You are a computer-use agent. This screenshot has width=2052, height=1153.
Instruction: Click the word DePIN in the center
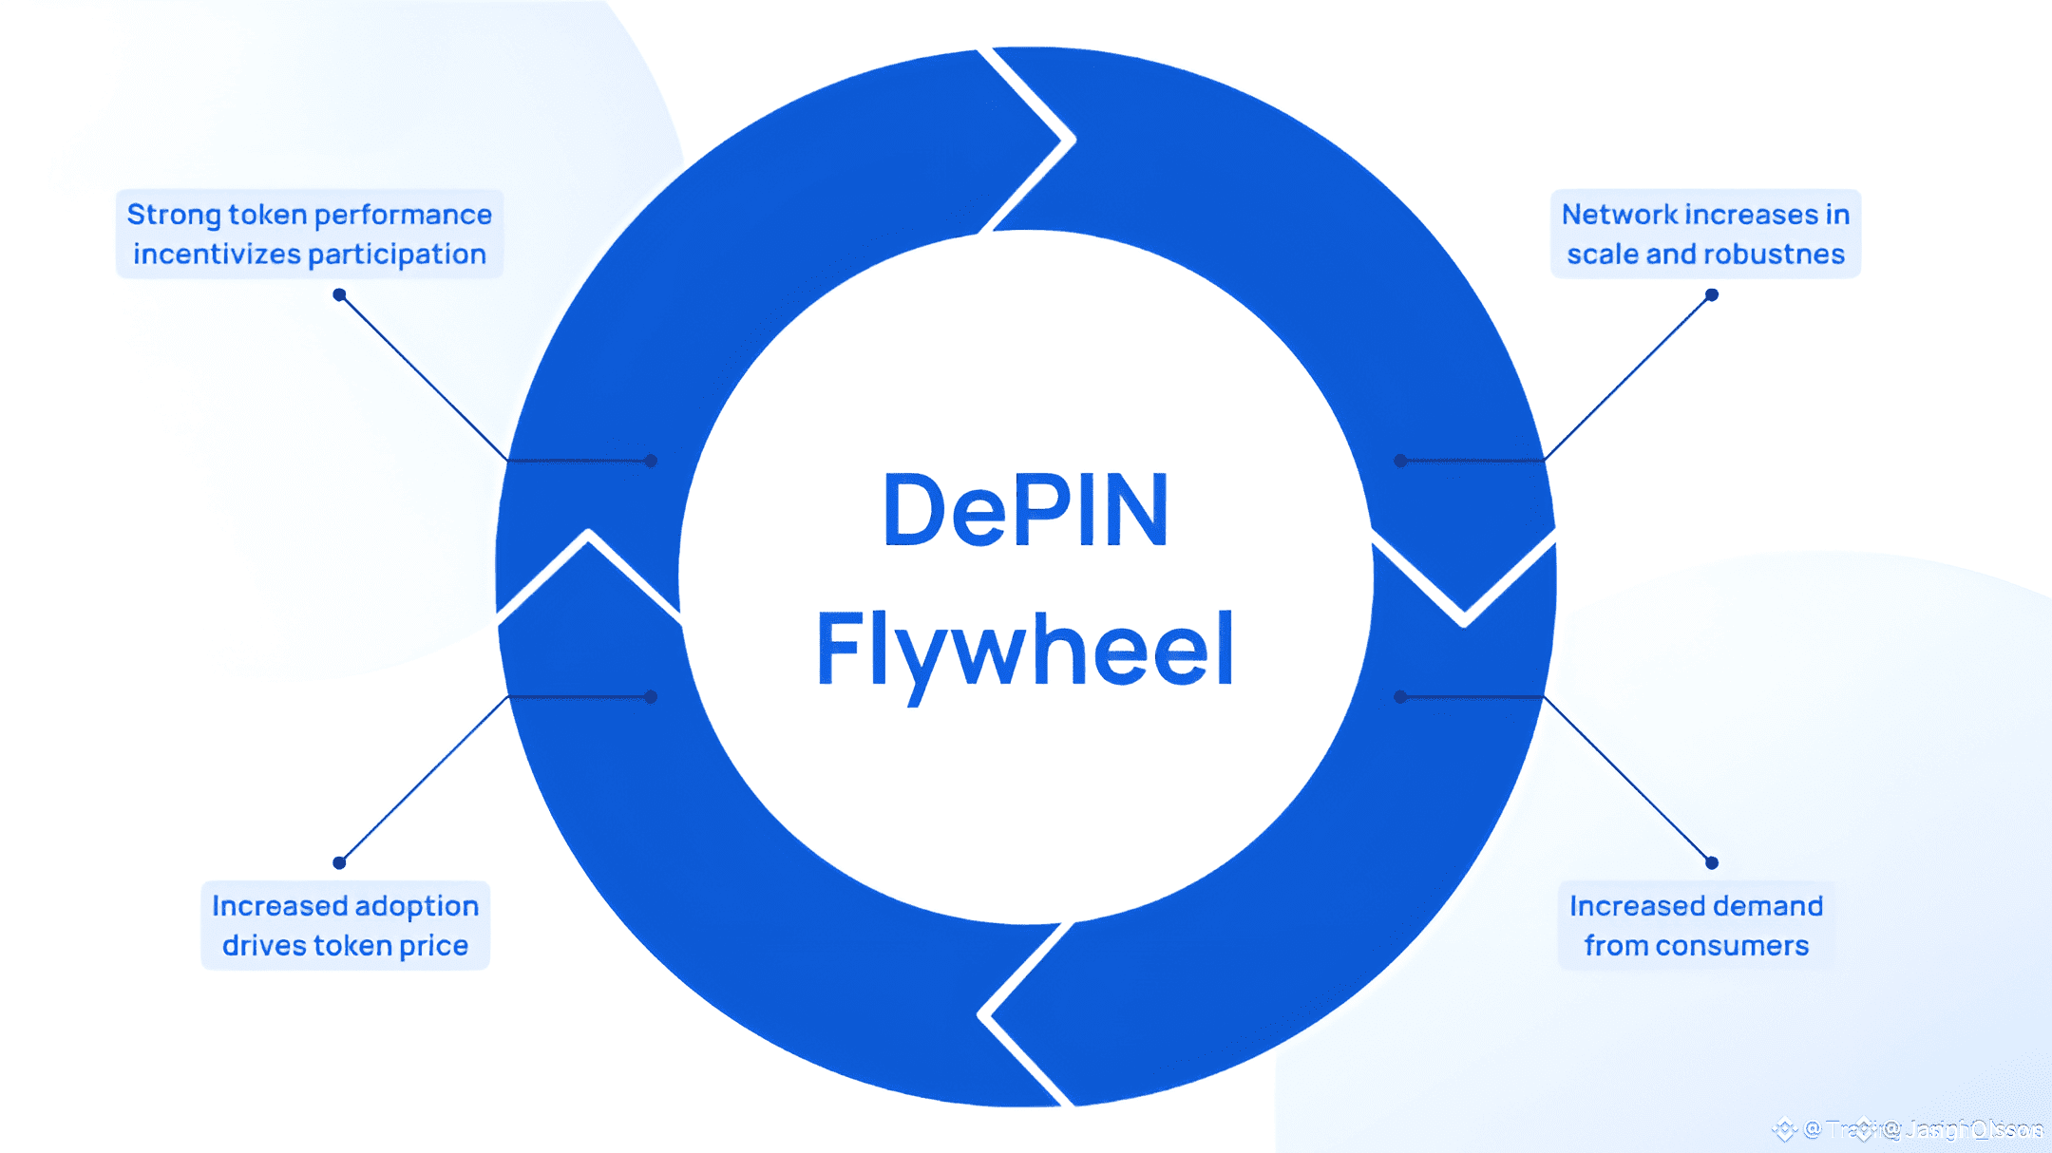click(x=1025, y=511)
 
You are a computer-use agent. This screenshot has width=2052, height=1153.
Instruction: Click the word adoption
click(x=416, y=906)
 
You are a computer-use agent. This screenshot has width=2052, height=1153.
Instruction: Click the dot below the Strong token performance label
click(x=339, y=295)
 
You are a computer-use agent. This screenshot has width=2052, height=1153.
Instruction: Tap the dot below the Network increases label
click(x=1712, y=295)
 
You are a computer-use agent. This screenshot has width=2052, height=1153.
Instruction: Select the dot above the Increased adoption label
click(x=339, y=862)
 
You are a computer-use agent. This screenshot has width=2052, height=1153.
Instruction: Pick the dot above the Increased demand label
click(x=1712, y=862)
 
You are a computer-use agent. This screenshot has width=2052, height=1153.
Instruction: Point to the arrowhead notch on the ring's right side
click(x=1464, y=617)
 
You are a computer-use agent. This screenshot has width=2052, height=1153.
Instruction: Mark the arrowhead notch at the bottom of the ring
click(x=988, y=1014)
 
